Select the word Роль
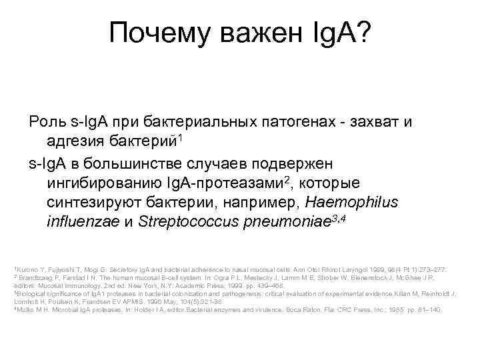(x=46, y=123)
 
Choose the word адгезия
(x=78, y=142)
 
